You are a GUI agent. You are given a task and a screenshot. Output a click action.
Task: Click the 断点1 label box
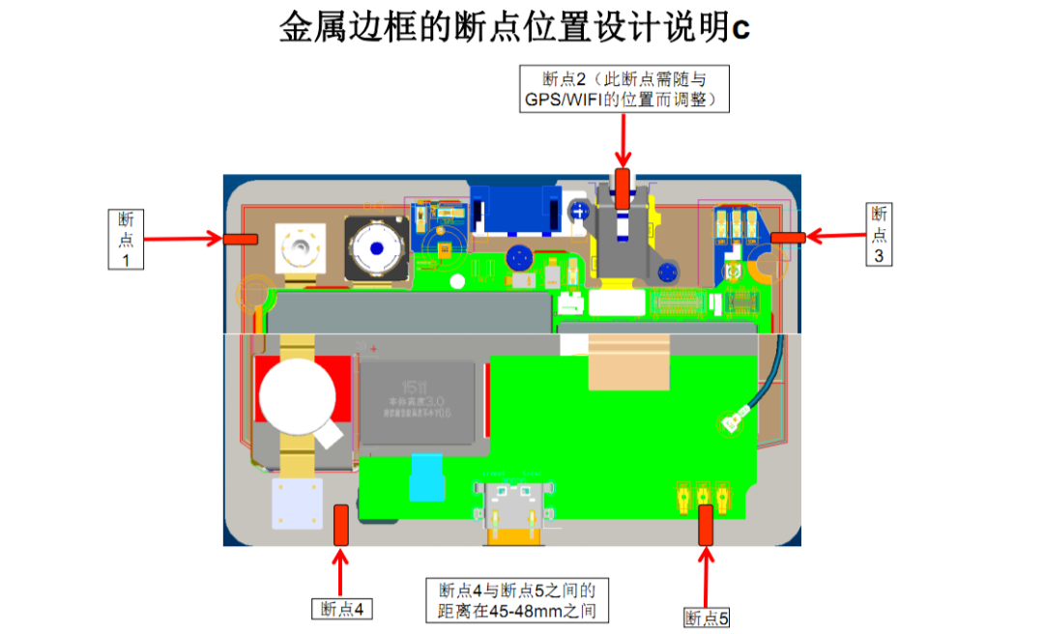coord(126,239)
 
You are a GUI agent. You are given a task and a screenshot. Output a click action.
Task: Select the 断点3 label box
coord(879,234)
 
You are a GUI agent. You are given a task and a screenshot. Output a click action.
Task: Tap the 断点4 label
coord(341,609)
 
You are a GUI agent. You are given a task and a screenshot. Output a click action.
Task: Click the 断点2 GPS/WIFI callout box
coord(624,89)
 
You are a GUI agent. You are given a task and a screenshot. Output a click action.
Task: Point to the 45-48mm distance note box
coord(517,600)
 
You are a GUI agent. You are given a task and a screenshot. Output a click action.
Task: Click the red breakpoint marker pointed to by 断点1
coord(241,238)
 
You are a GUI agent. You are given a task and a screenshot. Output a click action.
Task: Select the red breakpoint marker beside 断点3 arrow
coord(788,237)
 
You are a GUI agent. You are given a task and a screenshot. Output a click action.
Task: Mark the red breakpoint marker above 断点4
coord(341,525)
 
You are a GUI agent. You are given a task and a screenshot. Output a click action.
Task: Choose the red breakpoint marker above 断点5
coord(706,525)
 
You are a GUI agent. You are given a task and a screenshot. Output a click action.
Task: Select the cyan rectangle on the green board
coord(425,477)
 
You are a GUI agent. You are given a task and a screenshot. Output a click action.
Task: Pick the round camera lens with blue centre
coord(374,249)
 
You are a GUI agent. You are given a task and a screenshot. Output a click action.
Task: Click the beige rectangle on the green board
coord(628,363)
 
